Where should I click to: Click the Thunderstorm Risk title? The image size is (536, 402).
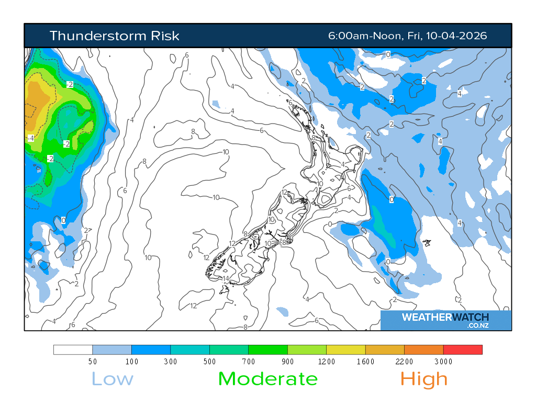pos(114,36)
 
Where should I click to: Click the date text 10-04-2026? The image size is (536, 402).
pos(456,36)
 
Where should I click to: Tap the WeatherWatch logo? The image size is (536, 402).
pos(445,317)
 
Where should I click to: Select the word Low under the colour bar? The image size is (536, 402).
pos(113,378)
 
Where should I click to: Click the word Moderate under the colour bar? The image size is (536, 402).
pos(267,378)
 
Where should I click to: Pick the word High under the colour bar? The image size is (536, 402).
pos(424,378)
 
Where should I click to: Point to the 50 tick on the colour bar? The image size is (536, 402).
pos(93,361)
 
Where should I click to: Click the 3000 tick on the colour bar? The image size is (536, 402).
pos(443,361)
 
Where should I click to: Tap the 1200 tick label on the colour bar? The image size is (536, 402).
pos(327,361)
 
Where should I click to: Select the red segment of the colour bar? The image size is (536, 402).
pos(463,350)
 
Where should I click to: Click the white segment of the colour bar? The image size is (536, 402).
pos(73,350)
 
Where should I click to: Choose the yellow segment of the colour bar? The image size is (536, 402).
pos(346,350)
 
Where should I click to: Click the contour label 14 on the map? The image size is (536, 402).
pos(226,278)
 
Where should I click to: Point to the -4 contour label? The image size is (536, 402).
pos(30,138)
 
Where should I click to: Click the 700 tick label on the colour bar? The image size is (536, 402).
pos(249,361)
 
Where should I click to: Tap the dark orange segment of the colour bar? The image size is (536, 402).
pos(424,350)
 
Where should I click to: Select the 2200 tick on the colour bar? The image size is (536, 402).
pos(405,361)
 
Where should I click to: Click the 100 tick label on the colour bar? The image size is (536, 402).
pos(132,361)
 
